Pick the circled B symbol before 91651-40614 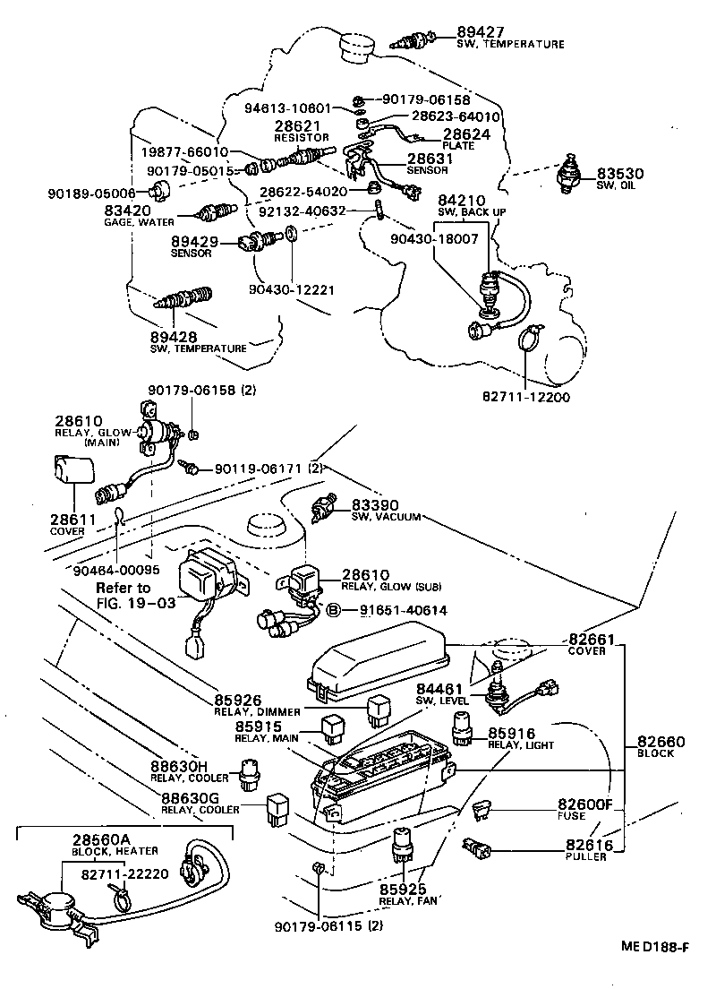tap(332, 610)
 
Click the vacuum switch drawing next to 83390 tap(322, 508)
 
